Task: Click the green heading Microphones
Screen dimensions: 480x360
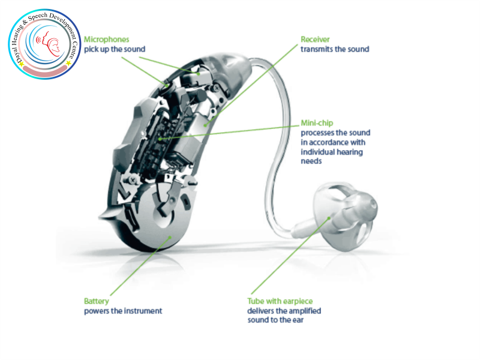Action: click(107, 40)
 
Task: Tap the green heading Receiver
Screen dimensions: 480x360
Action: click(315, 40)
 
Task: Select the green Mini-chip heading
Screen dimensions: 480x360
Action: click(317, 123)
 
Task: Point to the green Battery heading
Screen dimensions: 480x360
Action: click(97, 301)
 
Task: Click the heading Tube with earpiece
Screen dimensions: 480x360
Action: click(280, 301)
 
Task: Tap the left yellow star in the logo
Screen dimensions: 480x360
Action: click(21, 64)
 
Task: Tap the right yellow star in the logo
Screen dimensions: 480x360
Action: click(68, 63)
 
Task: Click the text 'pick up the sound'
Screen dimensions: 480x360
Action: click(115, 49)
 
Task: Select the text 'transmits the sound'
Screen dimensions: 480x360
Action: click(335, 49)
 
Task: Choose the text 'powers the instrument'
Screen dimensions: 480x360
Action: click(123, 311)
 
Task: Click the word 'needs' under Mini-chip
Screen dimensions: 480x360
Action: click(311, 161)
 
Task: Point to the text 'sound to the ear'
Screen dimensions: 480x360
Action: click(275, 320)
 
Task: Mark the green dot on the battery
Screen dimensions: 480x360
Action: click(170, 237)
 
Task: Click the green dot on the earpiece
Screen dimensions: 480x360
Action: click(329, 218)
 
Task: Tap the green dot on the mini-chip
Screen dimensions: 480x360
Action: click(160, 139)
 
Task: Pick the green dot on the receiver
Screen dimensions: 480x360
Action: click(205, 125)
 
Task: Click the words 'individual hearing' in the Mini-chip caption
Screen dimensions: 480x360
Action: click(332, 152)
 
